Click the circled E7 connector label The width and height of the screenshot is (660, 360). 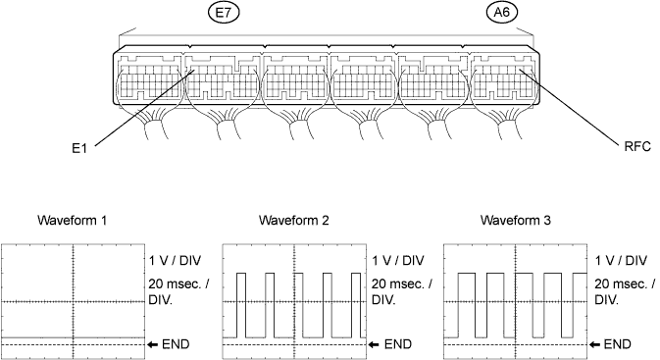point(224,13)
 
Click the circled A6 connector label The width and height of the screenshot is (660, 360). point(502,12)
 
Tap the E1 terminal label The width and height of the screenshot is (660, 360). point(79,148)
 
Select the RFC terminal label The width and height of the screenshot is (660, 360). point(637,146)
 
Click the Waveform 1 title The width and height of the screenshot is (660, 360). point(72,220)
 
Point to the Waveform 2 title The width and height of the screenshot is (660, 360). point(293,220)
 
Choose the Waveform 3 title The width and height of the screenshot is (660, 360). point(515,220)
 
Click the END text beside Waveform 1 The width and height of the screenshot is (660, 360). point(176,344)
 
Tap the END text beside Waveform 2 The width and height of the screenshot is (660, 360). point(398,344)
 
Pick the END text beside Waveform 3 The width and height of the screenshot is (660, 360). point(617,344)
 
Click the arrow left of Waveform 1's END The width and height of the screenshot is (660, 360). point(152,345)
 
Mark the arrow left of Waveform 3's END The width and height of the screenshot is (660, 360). point(594,345)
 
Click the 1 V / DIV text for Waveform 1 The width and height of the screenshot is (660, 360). point(176,261)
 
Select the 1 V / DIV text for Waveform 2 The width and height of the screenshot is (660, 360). point(398,261)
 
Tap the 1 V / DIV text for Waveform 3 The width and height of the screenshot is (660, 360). point(621,261)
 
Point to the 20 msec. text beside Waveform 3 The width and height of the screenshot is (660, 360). point(621,283)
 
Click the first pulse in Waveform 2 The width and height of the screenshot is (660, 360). point(241,274)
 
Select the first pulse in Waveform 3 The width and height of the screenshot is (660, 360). point(467,274)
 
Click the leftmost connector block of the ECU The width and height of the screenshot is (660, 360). point(148,77)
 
